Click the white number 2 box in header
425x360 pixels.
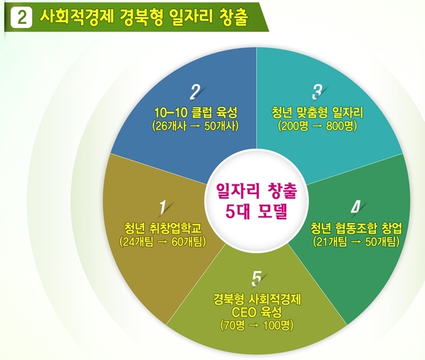pos(21,17)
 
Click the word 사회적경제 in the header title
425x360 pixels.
pos(76,17)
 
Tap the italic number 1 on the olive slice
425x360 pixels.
pos(163,208)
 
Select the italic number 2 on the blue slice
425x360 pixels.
pos(195,92)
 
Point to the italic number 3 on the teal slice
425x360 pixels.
pos(317,92)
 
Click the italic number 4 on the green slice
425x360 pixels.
pos(356,207)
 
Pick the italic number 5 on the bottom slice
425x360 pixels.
pos(256,278)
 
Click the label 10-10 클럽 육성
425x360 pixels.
pos(195,112)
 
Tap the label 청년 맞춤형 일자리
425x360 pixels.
pos(317,112)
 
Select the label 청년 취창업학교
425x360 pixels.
pos(163,228)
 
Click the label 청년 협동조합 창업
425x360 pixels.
pos(356,228)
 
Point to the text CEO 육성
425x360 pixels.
pos(256,312)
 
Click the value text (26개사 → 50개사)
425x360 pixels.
pos(195,126)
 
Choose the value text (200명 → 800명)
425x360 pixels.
pos(317,126)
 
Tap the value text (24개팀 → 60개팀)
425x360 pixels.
pos(163,242)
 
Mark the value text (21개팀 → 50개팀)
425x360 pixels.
pos(356,242)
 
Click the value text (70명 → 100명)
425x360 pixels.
pos(256,325)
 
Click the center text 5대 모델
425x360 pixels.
pos(256,211)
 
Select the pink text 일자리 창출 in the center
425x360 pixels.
pos(257,191)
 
